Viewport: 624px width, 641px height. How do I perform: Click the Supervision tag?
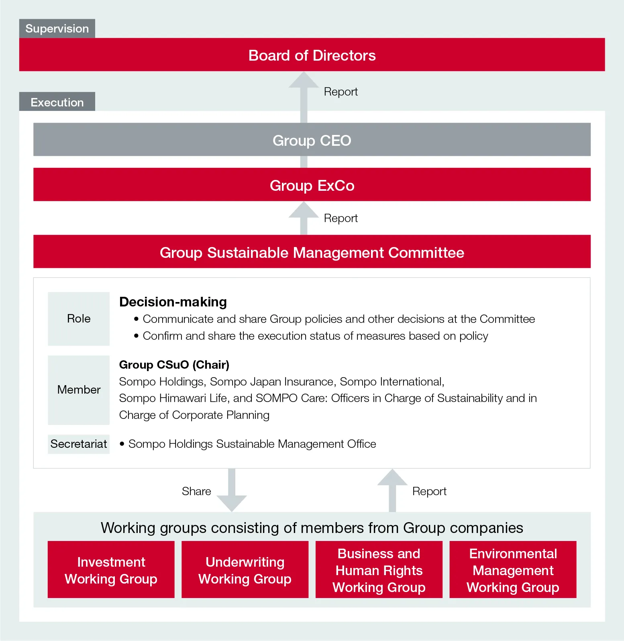coord(57,29)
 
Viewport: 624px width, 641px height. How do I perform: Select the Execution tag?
coord(57,102)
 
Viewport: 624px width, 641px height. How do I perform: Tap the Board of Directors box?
coord(312,55)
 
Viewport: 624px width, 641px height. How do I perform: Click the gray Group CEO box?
coord(312,140)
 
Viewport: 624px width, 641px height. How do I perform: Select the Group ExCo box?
coord(312,185)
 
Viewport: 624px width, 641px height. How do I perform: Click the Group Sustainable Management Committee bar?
coord(312,252)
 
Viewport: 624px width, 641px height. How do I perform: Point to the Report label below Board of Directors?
coord(341,92)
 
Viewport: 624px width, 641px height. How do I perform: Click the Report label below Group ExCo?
coord(341,218)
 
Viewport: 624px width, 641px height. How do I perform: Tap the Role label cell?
coord(79,318)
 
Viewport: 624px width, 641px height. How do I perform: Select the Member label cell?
coord(79,390)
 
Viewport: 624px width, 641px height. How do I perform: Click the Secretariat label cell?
coord(79,444)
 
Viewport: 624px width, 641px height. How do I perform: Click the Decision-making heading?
coord(173,302)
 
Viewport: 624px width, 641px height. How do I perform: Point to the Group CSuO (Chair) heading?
coord(174,365)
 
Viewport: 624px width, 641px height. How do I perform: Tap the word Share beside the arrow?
coord(196,491)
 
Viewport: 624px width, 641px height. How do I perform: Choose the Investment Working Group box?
coord(111,570)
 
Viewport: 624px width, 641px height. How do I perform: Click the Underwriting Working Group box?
coord(245,570)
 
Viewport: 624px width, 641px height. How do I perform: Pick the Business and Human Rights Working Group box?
coord(379,570)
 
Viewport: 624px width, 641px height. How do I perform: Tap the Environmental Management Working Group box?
coord(513,570)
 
